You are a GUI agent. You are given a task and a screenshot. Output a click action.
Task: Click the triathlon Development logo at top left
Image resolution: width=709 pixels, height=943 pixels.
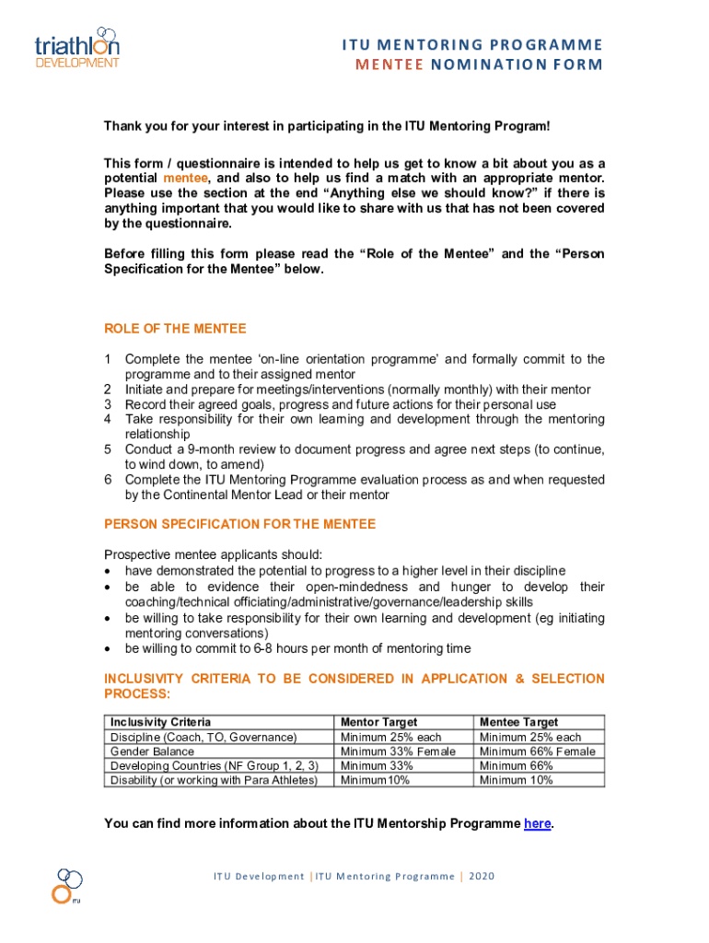[x=76, y=47]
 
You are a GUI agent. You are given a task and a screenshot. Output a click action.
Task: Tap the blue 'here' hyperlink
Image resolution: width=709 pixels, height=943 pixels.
[x=538, y=824]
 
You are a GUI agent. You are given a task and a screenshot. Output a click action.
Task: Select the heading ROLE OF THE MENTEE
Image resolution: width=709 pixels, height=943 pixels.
[x=175, y=329]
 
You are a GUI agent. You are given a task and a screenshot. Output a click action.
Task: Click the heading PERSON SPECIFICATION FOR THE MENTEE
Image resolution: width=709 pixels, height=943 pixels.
[x=239, y=524]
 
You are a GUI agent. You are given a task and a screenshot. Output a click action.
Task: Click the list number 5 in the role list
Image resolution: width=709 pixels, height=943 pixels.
[x=108, y=449]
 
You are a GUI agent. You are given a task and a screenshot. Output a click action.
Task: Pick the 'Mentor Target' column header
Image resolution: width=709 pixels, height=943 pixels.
[x=378, y=723]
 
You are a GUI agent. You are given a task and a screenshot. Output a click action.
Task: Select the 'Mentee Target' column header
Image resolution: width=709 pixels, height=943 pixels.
[x=518, y=723]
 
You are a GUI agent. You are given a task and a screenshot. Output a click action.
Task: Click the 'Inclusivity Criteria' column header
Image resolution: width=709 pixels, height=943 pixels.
[x=160, y=723]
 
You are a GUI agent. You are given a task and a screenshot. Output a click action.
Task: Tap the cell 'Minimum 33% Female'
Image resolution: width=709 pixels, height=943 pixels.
[x=398, y=751]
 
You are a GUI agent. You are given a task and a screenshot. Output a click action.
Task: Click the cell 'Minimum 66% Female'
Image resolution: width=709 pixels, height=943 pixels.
[x=537, y=751]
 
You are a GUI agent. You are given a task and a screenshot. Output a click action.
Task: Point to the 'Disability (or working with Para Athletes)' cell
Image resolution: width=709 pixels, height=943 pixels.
[x=214, y=780]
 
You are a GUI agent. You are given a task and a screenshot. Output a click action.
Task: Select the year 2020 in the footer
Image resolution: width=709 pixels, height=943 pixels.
[x=482, y=877]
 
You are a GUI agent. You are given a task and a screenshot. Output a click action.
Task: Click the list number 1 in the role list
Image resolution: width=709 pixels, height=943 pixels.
[x=108, y=359]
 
